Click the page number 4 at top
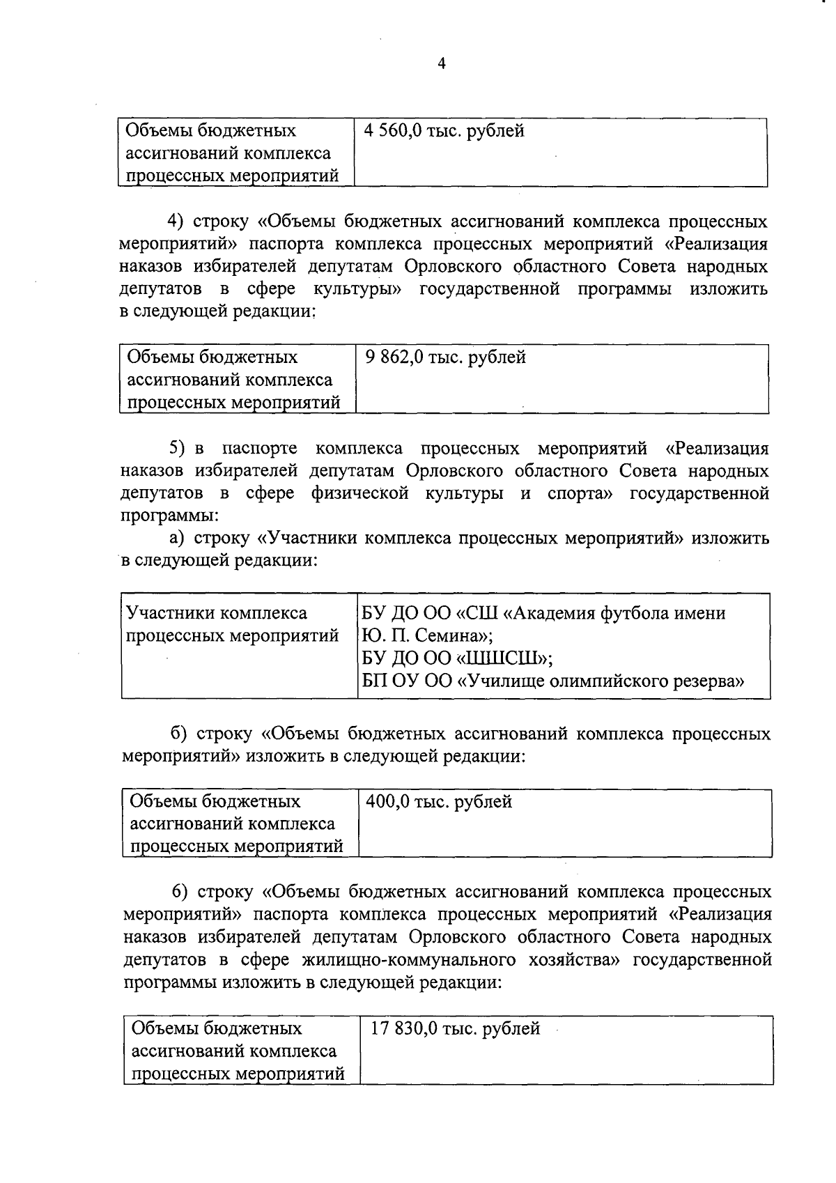coord(440,64)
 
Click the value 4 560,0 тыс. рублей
coord(443,131)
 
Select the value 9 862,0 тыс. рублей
coord(445,357)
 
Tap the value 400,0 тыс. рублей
coord(439,802)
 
